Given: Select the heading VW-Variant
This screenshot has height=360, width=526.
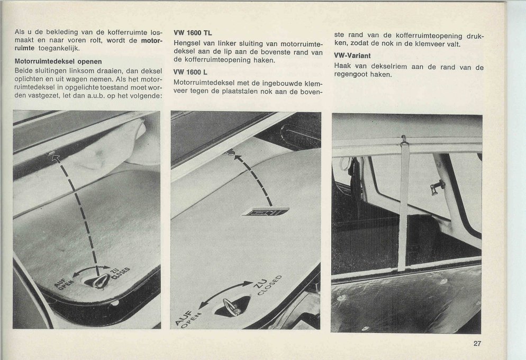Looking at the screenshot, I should (352, 56).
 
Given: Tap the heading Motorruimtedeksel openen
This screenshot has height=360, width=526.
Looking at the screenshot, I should (58, 61).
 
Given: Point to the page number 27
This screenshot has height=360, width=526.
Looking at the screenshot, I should (477, 343).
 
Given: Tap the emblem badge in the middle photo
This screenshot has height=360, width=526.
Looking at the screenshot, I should (265, 211).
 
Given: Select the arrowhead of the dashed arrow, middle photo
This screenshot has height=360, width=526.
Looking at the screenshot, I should (231, 153).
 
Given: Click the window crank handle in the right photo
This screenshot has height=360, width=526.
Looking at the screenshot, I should (437, 186).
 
